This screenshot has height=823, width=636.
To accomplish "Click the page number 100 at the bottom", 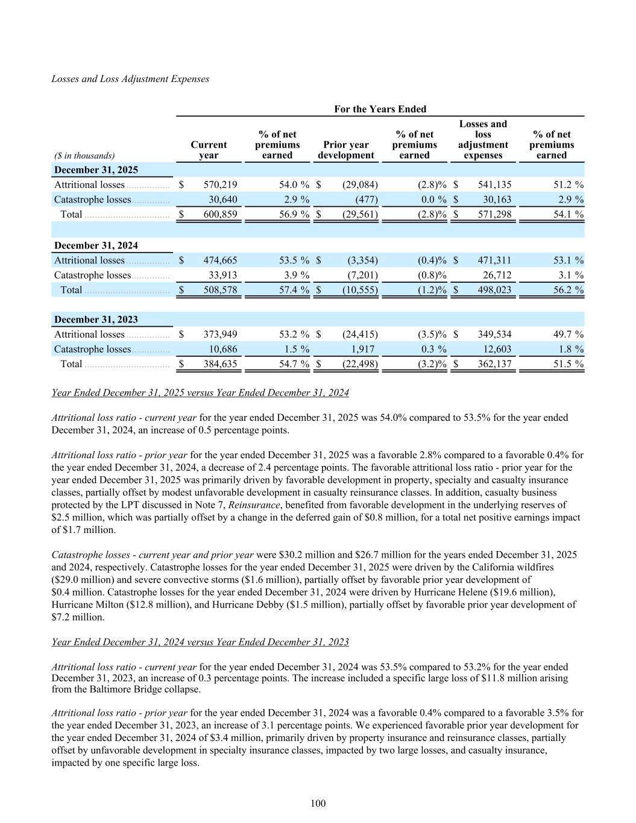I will pos(318,803).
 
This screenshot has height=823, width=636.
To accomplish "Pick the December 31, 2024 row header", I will pos(96,245).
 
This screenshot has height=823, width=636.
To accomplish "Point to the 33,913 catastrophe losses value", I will pos(221,275).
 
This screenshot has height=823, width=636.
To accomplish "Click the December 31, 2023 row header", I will pos(96,320).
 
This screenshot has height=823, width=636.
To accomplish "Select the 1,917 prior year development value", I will pos(361,349).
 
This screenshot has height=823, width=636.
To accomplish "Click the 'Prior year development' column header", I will pos(346,150).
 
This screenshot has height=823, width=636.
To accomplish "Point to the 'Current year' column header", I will pos(209,150).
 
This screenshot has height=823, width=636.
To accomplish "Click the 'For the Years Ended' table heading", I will pos(380,109).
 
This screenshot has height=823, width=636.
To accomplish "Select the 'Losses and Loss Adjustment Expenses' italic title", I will pos(130,79).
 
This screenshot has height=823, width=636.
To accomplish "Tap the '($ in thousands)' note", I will pos(84,156).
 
